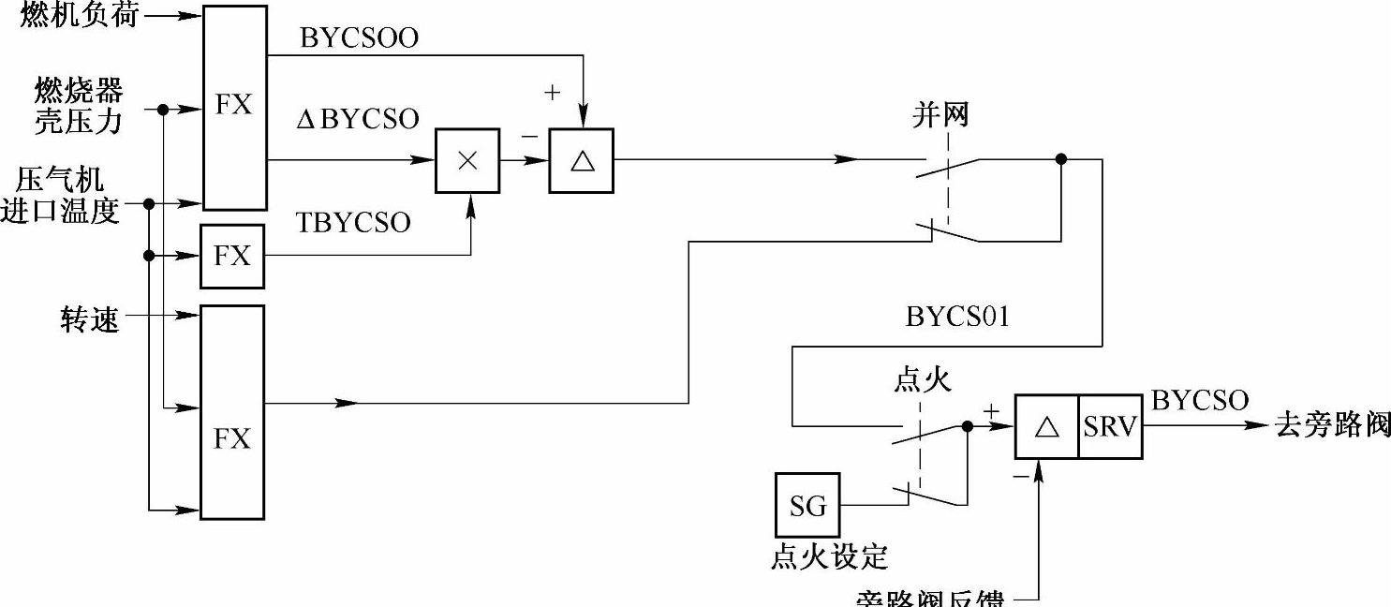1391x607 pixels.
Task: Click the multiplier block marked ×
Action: click(467, 161)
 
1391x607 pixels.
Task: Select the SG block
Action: click(808, 506)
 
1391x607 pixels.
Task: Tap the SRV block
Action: click(1110, 427)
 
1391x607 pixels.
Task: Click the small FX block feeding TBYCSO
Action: click(232, 256)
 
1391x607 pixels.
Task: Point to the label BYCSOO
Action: click(359, 37)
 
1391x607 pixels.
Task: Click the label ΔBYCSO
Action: click(357, 119)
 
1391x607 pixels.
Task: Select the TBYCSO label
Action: click(353, 222)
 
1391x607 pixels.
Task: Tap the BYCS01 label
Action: click(957, 317)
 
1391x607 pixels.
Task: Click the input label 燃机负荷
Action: click(80, 15)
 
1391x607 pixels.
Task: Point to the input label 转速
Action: click(91, 320)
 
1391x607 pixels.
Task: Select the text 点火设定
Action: click(829, 557)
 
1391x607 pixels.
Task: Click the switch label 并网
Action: click(940, 115)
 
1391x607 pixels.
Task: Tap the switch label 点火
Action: click(923, 379)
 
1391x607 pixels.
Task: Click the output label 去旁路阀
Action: click(1333, 424)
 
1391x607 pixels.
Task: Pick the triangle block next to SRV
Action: click(1046, 427)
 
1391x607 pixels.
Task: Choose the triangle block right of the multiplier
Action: click(582, 161)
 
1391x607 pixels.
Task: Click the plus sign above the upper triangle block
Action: click(553, 92)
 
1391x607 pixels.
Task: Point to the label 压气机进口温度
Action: click(61, 195)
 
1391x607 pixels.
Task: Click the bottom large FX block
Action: click(233, 412)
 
